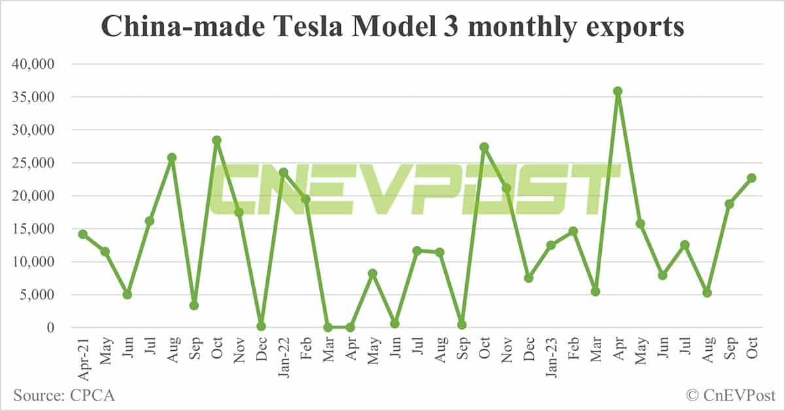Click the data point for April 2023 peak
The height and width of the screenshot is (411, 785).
point(618,92)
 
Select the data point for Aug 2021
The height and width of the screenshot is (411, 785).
point(172,158)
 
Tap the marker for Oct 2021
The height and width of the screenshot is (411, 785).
point(217,140)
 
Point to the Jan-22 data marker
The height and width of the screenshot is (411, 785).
point(283,173)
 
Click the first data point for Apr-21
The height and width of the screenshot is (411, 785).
point(83,234)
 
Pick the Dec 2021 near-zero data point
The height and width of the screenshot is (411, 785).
point(261,326)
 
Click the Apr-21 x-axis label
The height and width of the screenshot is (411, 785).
point(82,357)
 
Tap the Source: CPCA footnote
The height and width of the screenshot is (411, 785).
point(64,395)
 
